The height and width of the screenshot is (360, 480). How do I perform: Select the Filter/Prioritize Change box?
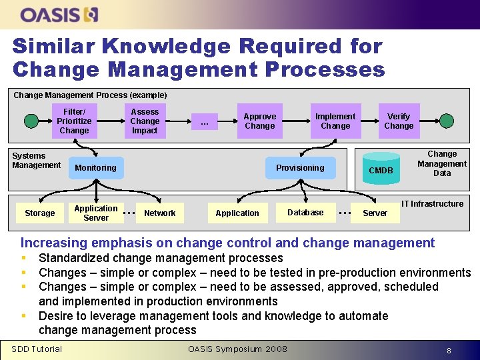tap(74, 121)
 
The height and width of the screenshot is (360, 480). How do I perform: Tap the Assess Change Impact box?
tap(145, 121)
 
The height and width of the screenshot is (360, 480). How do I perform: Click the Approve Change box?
tap(259, 121)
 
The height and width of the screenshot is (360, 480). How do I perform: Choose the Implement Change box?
tap(335, 121)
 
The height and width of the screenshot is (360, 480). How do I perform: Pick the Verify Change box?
tap(399, 121)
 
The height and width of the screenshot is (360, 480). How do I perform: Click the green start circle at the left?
tap(31, 121)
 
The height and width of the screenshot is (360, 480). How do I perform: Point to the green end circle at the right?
tap(447, 121)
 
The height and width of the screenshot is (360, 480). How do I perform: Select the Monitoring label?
tap(95, 168)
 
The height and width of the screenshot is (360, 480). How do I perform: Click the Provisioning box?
tap(300, 167)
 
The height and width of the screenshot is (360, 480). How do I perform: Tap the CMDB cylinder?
tap(381, 170)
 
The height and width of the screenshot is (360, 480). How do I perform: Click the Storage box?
tap(40, 213)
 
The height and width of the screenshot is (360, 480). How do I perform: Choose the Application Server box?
tap(96, 213)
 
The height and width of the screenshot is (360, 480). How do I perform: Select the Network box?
tap(160, 213)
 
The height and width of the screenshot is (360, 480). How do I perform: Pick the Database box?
tap(305, 213)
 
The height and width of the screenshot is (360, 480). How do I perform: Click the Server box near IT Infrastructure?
tap(375, 213)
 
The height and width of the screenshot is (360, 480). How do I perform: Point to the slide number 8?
tap(449, 350)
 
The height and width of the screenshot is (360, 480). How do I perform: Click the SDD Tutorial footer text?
tap(37, 349)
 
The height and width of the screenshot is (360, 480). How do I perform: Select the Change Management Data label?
tap(442, 163)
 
